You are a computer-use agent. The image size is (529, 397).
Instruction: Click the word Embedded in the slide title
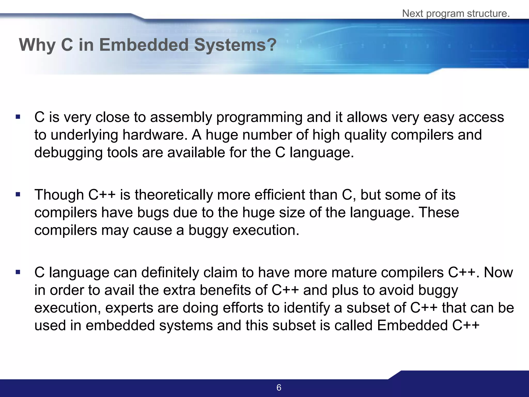[144, 45]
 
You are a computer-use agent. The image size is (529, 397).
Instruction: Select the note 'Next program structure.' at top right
[456, 13]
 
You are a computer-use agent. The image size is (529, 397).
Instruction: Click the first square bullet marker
[18, 117]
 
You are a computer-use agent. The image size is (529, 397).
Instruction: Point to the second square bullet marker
[18, 194]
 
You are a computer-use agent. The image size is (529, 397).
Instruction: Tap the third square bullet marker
[18, 272]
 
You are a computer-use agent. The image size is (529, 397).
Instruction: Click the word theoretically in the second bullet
[174, 195]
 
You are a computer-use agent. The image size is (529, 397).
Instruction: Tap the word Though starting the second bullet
[59, 195]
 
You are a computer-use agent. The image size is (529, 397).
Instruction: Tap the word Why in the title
[37, 45]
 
